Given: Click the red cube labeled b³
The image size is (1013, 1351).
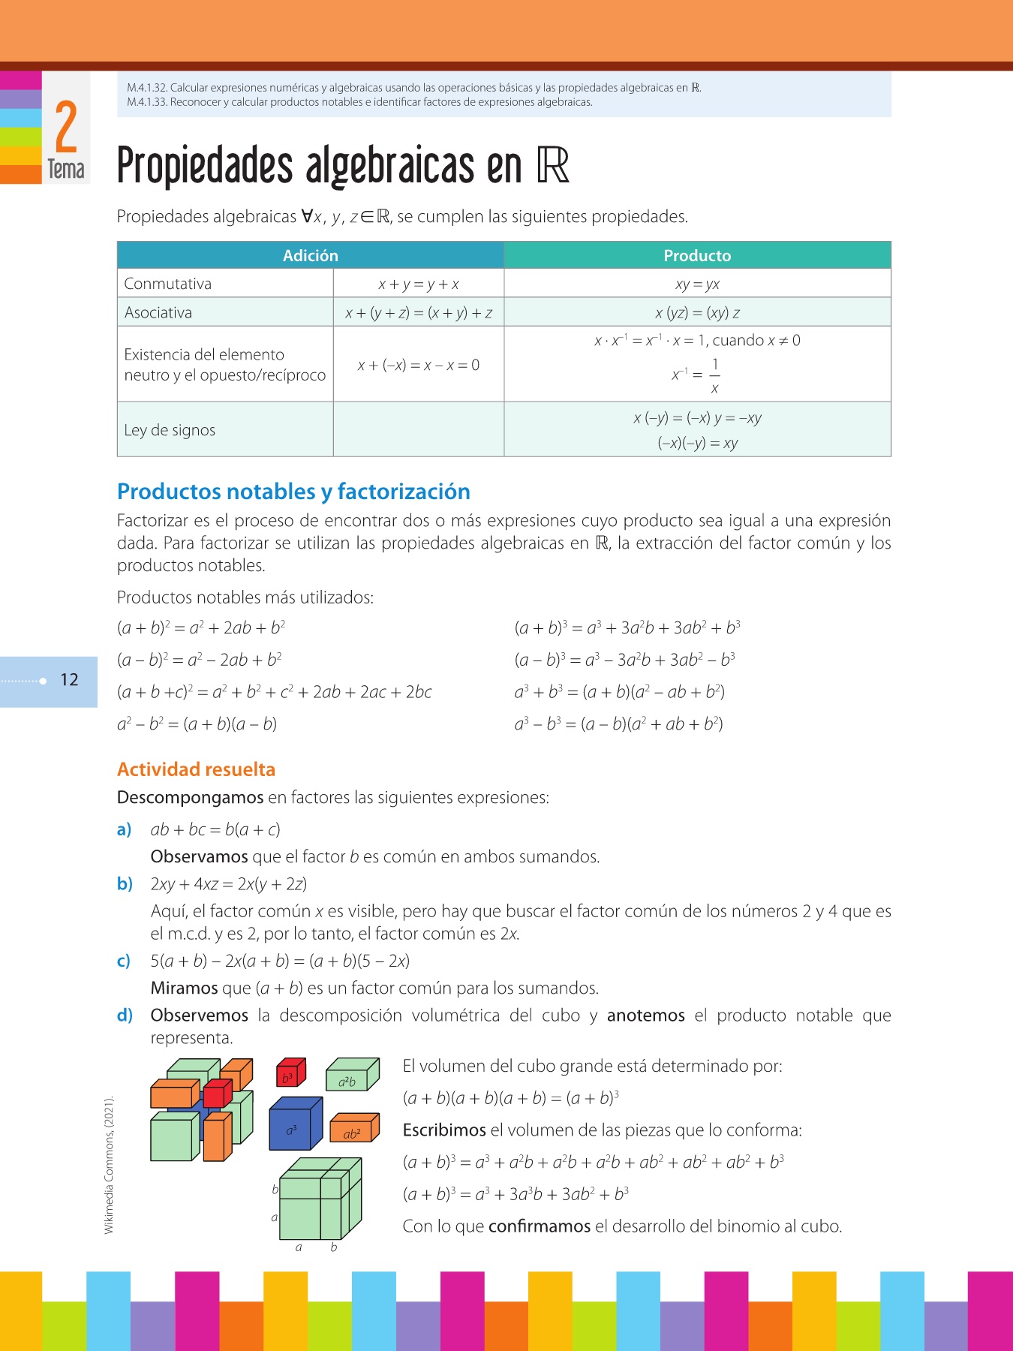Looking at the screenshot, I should [290, 1074].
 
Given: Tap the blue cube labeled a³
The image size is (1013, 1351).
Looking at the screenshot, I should [294, 1126].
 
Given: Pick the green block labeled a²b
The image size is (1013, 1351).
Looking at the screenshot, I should [350, 1077].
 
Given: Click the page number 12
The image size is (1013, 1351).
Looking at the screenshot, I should [69, 680].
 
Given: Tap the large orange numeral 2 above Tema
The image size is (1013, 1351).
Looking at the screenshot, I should [66, 128].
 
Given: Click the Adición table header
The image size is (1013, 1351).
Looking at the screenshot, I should [310, 255].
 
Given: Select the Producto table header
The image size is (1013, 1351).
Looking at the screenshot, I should [697, 255].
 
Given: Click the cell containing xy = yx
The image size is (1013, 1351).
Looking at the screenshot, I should [697, 284].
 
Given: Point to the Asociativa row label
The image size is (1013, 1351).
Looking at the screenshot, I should [158, 312].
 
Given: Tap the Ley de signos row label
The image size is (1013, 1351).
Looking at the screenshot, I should [170, 430].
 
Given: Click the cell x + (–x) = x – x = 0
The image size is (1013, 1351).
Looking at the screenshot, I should [418, 365].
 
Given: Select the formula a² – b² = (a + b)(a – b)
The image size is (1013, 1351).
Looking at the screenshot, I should [197, 724].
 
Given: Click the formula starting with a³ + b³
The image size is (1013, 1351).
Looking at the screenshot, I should [619, 692].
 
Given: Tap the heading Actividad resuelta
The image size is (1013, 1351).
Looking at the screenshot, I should [196, 769].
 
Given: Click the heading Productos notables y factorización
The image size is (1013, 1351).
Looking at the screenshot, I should [293, 492].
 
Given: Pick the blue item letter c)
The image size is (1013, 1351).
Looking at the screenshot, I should [124, 961].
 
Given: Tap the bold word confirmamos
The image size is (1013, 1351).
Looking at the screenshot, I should [539, 1226].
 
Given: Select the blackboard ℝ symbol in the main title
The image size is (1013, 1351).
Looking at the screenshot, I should [553, 166].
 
